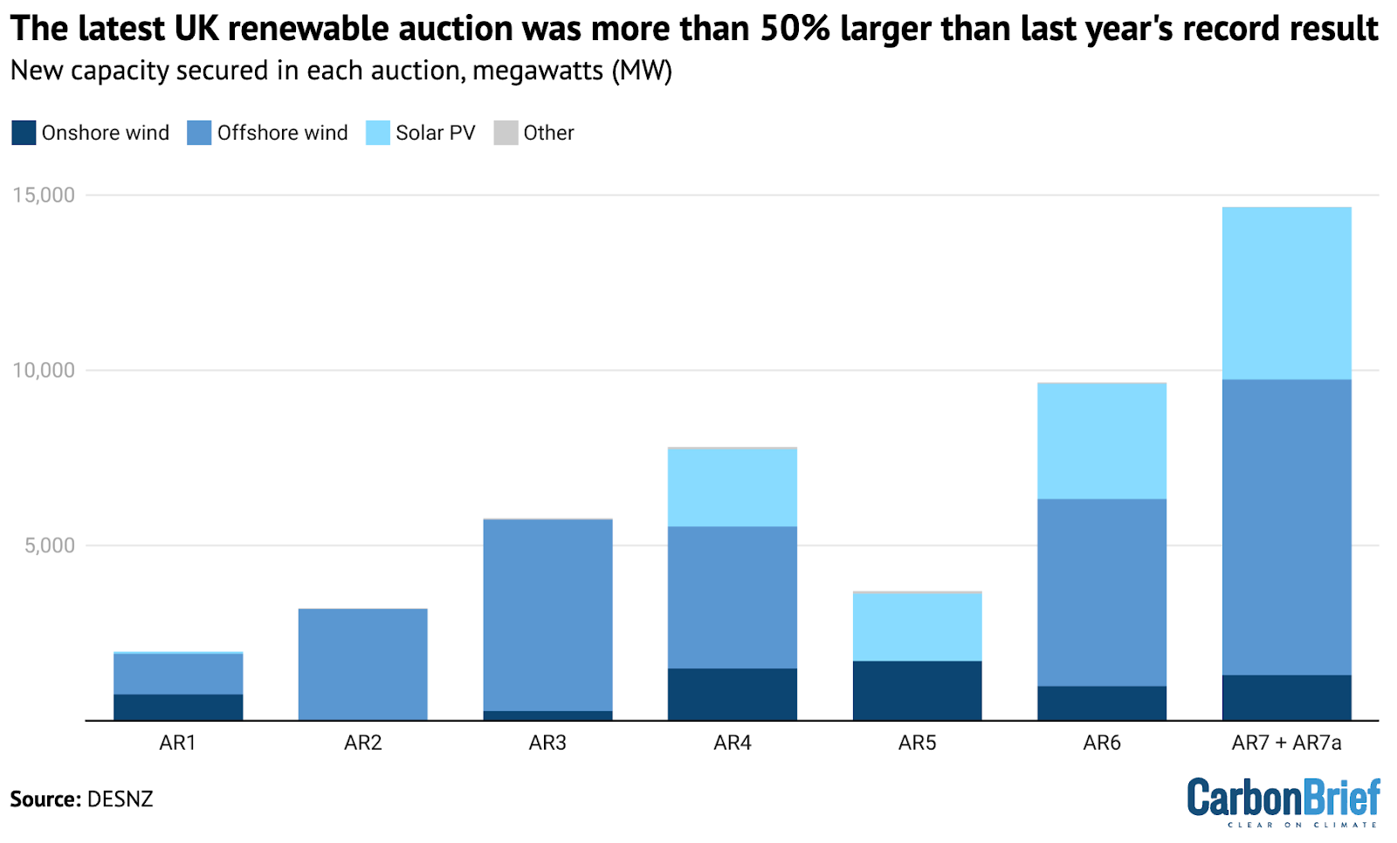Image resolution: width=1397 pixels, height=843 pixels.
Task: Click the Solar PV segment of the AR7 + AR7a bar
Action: coord(1286,293)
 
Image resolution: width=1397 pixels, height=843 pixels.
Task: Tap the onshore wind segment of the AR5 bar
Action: coord(917,690)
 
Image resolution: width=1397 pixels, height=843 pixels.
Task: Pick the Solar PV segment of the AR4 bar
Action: coord(732,487)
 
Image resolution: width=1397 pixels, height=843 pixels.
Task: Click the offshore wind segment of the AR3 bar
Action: coord(547,615)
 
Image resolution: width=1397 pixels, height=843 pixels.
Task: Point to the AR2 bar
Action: coord(362,664)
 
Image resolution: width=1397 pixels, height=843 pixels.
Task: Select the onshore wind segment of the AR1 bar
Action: coord(178,707)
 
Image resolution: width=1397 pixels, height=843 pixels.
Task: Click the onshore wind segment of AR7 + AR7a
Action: coord(1286,697)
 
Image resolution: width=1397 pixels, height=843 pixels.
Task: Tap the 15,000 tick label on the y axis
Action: coord(44,195)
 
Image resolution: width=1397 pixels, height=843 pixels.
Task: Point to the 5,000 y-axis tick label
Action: coord(50,545)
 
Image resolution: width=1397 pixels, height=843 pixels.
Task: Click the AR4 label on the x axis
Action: coord(732,743)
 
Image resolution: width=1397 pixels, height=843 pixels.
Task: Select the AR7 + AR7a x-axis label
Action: coord(1286,743)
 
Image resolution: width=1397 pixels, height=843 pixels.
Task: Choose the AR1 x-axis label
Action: coord(178,743)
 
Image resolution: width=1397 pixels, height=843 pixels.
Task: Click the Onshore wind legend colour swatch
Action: coord(24,133)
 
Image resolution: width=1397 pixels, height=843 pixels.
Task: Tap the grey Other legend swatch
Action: coord(506,133)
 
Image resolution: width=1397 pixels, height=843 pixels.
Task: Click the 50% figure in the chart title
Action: coord(795,29)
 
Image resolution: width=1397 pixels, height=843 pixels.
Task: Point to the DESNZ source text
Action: coord(120,799)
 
